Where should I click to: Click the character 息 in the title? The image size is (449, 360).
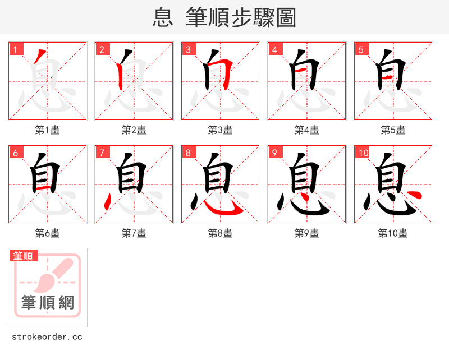(163, 17)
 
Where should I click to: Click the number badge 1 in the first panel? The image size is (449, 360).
(15, 49)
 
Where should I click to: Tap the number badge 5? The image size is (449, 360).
(361, 49)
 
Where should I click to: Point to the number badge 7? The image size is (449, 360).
(102, 153)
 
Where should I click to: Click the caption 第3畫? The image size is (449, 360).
(220, 130)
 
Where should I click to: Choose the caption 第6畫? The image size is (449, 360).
(47, 233)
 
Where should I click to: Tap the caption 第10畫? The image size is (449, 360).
(393, 233)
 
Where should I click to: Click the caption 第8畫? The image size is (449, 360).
(220, 233)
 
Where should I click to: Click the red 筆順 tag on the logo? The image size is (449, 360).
(24, 256)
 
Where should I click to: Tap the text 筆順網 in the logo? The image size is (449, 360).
(48, 303)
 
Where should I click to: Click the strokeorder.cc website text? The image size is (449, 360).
(47, 337)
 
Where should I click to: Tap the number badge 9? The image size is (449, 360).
(274, 153)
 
